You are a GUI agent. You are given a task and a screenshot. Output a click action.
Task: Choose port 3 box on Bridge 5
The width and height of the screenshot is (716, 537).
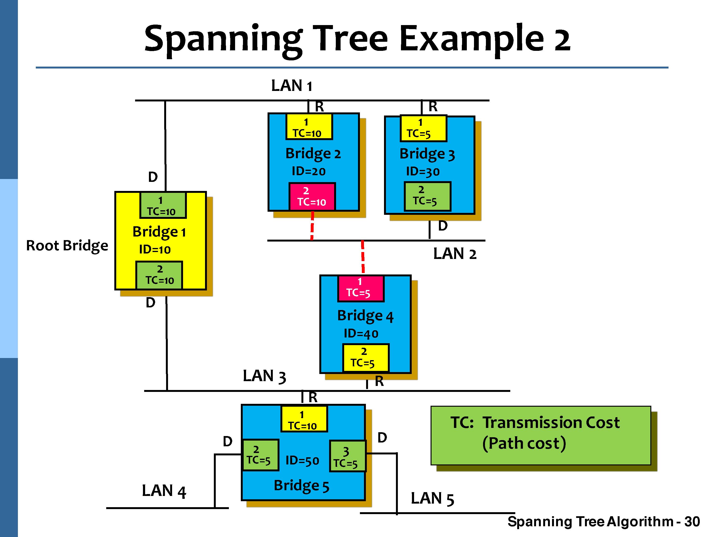[x=347, y=456]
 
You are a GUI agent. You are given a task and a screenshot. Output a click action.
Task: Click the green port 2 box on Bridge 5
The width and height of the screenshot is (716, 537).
[x=260, y=455]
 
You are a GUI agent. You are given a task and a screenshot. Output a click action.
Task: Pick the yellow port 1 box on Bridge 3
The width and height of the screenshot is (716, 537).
[x=423, y=128]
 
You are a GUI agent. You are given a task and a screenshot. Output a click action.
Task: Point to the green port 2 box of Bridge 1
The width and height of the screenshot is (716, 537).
[x=159, y=275]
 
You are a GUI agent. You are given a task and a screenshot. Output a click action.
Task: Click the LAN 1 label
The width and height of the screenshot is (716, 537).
[x=291, y=86]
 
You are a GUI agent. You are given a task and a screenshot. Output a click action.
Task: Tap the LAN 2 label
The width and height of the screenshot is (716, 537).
[x=454, y=254]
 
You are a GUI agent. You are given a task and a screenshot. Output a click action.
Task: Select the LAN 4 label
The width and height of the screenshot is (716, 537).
[x=164, y=491]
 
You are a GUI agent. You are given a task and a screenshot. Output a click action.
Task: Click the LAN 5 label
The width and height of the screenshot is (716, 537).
[x=432, y=499]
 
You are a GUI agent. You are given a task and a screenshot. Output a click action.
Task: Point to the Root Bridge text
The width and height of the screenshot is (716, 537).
[x=67, y=246]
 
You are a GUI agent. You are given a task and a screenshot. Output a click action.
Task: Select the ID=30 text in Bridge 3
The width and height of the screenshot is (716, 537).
[x=423, y=172]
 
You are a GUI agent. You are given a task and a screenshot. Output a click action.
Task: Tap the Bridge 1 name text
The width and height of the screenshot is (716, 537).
[x=159, y=232]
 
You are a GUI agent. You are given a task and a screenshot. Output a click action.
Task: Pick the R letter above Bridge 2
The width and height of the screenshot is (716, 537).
[x=319, y=106]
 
